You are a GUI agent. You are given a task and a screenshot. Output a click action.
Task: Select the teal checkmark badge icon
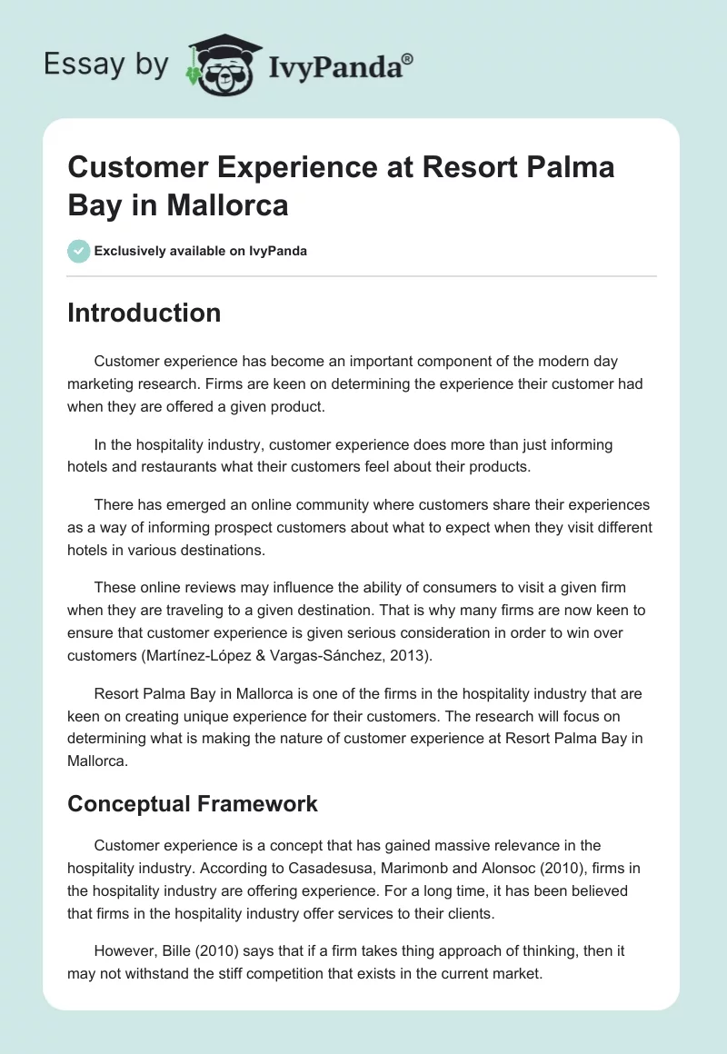click(79, 251)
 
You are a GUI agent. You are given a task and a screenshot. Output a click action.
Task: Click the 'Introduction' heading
click(144, 313)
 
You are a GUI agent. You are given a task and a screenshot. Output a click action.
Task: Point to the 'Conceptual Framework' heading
click(193, 804)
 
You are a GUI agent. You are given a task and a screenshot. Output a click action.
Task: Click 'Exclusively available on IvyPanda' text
click(201, 251)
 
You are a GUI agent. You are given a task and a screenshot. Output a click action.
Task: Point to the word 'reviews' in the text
click(215, 587)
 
